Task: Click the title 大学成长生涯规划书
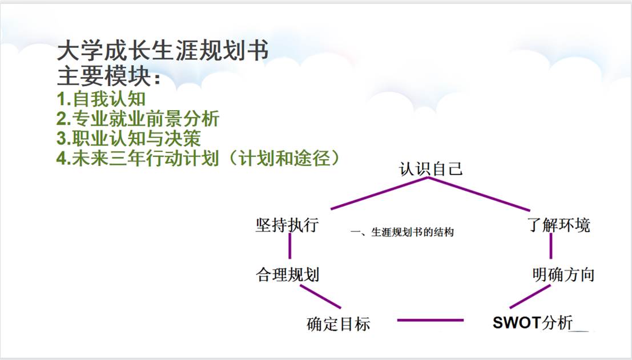pyautogui.click(x=163, y=51)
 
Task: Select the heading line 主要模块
pyautogui.click(x=109, y=76)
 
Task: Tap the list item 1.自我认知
pyautogui.click(x=101, y=99)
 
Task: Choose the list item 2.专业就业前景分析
pyautogui.click(x=138, y=119)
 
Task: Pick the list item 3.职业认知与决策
pyautogui.click(x=128, y=137)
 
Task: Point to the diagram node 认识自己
pyautogui.click(x=430, y=169)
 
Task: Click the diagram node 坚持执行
pyautogui.click(x=287, y=225)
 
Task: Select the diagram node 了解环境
pyautogui.click(x=559, y=225)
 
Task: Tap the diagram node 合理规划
pyautogui.click(x=287, y=274)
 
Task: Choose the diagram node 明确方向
pyautogui.click(x=563, y=274)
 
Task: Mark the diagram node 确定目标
pyautogui.click(x=338, y=323)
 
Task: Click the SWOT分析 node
pyautogui.click(x=533, y=322)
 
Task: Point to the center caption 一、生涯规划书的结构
pyautogui.click(x=402, y=232)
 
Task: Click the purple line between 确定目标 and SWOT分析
pyautogui.click(x=430, y=320)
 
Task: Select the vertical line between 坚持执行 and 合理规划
pyautogui.click(x=290, y=246)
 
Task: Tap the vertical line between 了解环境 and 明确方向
pyautogui.click(x=551, y=246)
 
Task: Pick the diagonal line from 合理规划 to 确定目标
pyautogui.click(x=320, y=297)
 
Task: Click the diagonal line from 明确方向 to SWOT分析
pyautogui.click(x=530, y=296)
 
